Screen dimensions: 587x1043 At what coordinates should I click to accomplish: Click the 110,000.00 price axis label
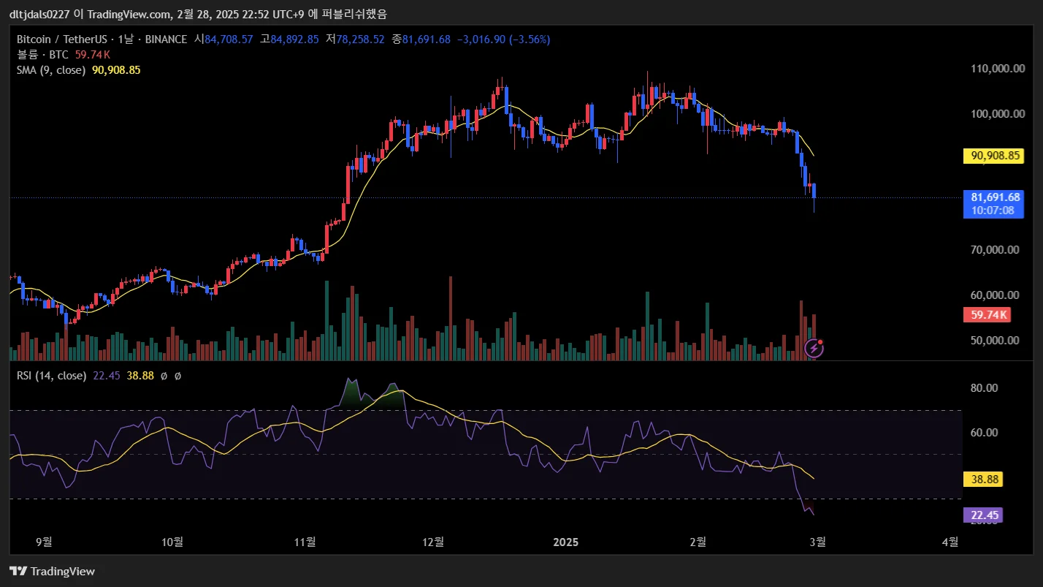point(994,69)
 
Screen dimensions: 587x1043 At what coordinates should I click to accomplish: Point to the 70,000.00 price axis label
point(994,249)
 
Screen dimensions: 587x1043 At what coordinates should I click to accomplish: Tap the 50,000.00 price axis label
point(994,340)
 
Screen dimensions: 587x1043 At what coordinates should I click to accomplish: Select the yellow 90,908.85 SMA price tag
point(993,156)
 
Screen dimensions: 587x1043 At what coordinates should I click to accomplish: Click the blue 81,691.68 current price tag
point(993,197)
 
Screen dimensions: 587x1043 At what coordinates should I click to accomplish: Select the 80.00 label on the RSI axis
point(984,388)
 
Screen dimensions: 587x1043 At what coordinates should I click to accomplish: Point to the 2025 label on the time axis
point(565,542)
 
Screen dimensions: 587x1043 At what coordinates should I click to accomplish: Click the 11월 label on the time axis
point(305,542)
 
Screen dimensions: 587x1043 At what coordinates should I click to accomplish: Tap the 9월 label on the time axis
point(44,542)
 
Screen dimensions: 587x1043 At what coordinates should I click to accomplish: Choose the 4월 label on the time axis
point(950,542)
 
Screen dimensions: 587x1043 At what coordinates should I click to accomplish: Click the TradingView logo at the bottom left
point(52,571)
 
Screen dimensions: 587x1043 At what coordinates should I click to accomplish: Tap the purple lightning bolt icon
point(814,349)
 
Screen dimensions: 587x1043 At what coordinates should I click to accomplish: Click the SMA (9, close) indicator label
point(51,70)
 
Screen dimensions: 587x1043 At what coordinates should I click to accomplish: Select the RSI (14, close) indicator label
point(51,376)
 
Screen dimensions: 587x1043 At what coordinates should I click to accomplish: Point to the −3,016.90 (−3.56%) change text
point(503,39)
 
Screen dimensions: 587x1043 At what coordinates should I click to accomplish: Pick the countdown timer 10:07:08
point(993,211)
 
